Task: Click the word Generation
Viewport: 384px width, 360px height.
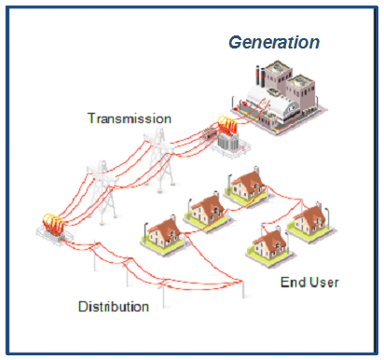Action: [x=275, y=43]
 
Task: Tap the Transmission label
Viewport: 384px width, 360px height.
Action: [x=129, y=118]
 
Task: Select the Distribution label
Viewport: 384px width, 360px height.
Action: [x=114, y=306]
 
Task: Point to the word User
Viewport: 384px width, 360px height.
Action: [x=322, y=281]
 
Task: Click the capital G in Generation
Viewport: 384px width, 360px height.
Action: [x=237, y=43]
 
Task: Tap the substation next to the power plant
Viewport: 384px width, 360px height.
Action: [x=226, y=137]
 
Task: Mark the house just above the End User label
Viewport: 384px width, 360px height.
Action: [x=269, y=245]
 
